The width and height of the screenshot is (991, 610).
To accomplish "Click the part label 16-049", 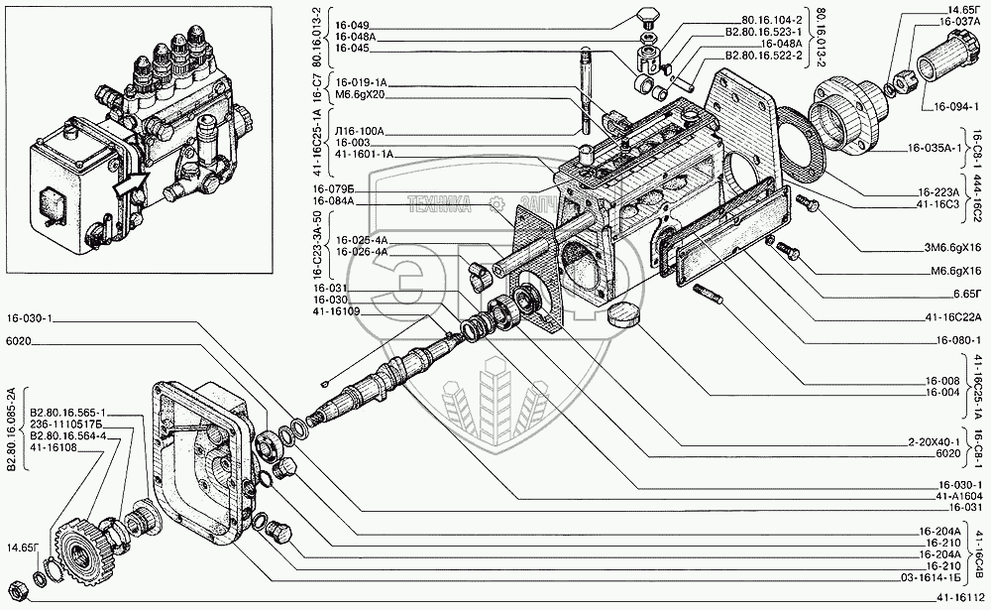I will pyautogui.click(x=352, y=24).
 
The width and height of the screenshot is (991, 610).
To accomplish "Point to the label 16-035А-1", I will pyautogui.click(x=934, y=150).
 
